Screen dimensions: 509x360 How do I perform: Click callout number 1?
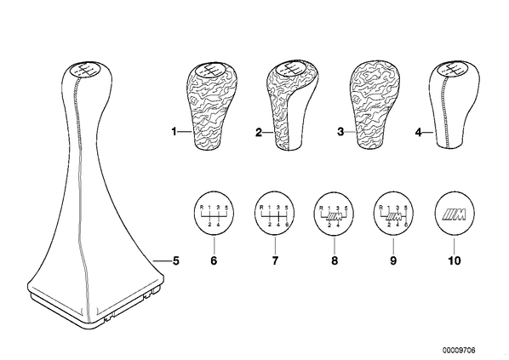174,132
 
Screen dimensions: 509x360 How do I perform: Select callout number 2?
259,133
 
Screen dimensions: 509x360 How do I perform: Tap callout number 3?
340,132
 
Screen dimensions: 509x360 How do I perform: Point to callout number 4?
419,133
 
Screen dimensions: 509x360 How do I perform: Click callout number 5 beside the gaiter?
175,260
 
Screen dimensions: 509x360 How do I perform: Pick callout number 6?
214,260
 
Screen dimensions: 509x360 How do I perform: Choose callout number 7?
275,260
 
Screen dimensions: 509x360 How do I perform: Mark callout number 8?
335,260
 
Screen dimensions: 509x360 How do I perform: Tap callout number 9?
393,260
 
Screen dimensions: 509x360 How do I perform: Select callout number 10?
455,260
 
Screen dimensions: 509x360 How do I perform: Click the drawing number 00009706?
459,351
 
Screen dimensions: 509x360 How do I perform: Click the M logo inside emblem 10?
455,214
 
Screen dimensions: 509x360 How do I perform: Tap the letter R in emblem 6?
201,207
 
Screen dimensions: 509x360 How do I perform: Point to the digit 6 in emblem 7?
286,225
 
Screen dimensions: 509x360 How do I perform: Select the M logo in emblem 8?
335,216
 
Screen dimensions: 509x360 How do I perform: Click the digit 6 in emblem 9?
405,225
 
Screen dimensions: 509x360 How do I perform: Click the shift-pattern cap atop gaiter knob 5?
84,71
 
